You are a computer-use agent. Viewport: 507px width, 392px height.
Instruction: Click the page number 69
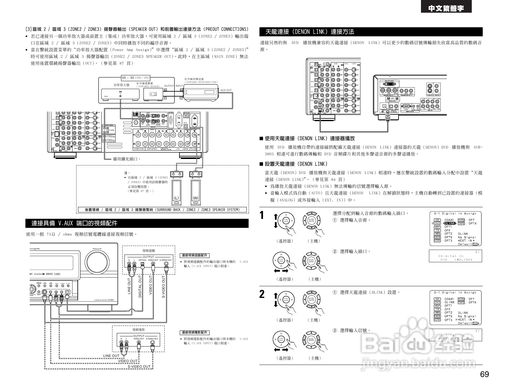coord(484,375)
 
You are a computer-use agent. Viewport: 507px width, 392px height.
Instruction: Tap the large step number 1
coord(262,215)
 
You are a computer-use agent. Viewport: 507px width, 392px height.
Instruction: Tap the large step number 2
coord(262,294)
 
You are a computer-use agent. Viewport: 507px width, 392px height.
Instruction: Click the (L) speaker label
coord(176,198)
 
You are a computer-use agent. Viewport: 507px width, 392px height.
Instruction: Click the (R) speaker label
coord(195,198)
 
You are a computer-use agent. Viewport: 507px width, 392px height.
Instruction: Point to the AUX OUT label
coord(226,90)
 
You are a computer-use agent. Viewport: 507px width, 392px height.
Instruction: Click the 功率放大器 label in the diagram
coord(121,85)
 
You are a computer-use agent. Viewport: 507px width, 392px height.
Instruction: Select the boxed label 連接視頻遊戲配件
coord(194,255)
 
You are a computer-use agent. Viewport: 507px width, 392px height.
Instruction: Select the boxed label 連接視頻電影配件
coord(194,333)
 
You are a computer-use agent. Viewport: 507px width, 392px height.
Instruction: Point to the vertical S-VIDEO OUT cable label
coord(163,286)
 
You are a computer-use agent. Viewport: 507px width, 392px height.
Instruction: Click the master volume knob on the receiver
coord(97,260)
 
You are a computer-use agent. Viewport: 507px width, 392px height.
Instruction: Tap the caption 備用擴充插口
coord(127,159)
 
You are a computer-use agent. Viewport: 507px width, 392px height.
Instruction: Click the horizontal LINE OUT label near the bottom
coord(111,356)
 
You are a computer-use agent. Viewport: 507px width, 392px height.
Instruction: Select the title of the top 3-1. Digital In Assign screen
coord(455,213)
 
